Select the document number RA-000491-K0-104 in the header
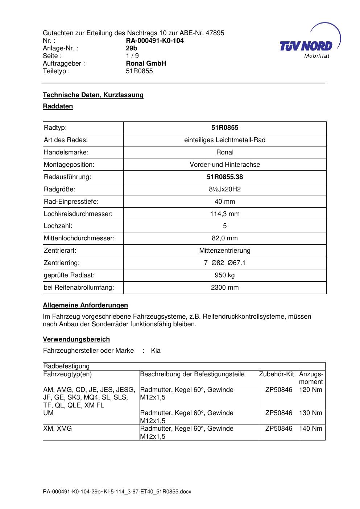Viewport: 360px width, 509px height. pyautogui.click(x=154, y=41)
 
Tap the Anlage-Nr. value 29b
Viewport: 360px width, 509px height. pyautogui.click(x=131, y=48)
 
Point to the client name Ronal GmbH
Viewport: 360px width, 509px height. pyautogui.click(x=146, y=63)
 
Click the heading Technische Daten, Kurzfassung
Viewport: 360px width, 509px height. pyautogui.click(x=93, y=95)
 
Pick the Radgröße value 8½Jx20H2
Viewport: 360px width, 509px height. pyautogui.click(x=225, y=189)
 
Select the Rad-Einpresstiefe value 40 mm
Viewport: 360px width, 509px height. pyautogui.click(x=225, y=202)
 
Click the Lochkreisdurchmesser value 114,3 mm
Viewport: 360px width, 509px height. pyautogui.click(x=225, y=214)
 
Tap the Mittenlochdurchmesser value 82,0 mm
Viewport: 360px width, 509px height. pyautogui.click(x=225, y=238)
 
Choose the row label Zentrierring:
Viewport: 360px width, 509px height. pyautogui.click(x=62, y=263)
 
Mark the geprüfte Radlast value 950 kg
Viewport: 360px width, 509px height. pyautogui.click(x=225, y=275)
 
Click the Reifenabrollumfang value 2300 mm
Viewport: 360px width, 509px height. pyautogui.click(x=225, y=287)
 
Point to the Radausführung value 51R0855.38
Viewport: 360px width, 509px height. pyautogui.click(x=225, y=177)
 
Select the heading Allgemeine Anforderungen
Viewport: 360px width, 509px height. pyautogui.click(x=85, y=305)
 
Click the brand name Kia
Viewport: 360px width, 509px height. pyautogui.click(x=156, y=351)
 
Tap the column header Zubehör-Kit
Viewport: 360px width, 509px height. pyautogui.click(x=276, y=374)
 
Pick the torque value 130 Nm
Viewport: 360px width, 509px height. pyautogui.click(x=311, y=413)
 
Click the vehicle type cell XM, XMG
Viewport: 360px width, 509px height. pyautogui.click(x=57, y=429)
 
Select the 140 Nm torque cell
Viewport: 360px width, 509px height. pyautogui.click(x=311, y=429)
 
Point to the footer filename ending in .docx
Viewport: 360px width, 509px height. pyautogui.click(x=117, y=492)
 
